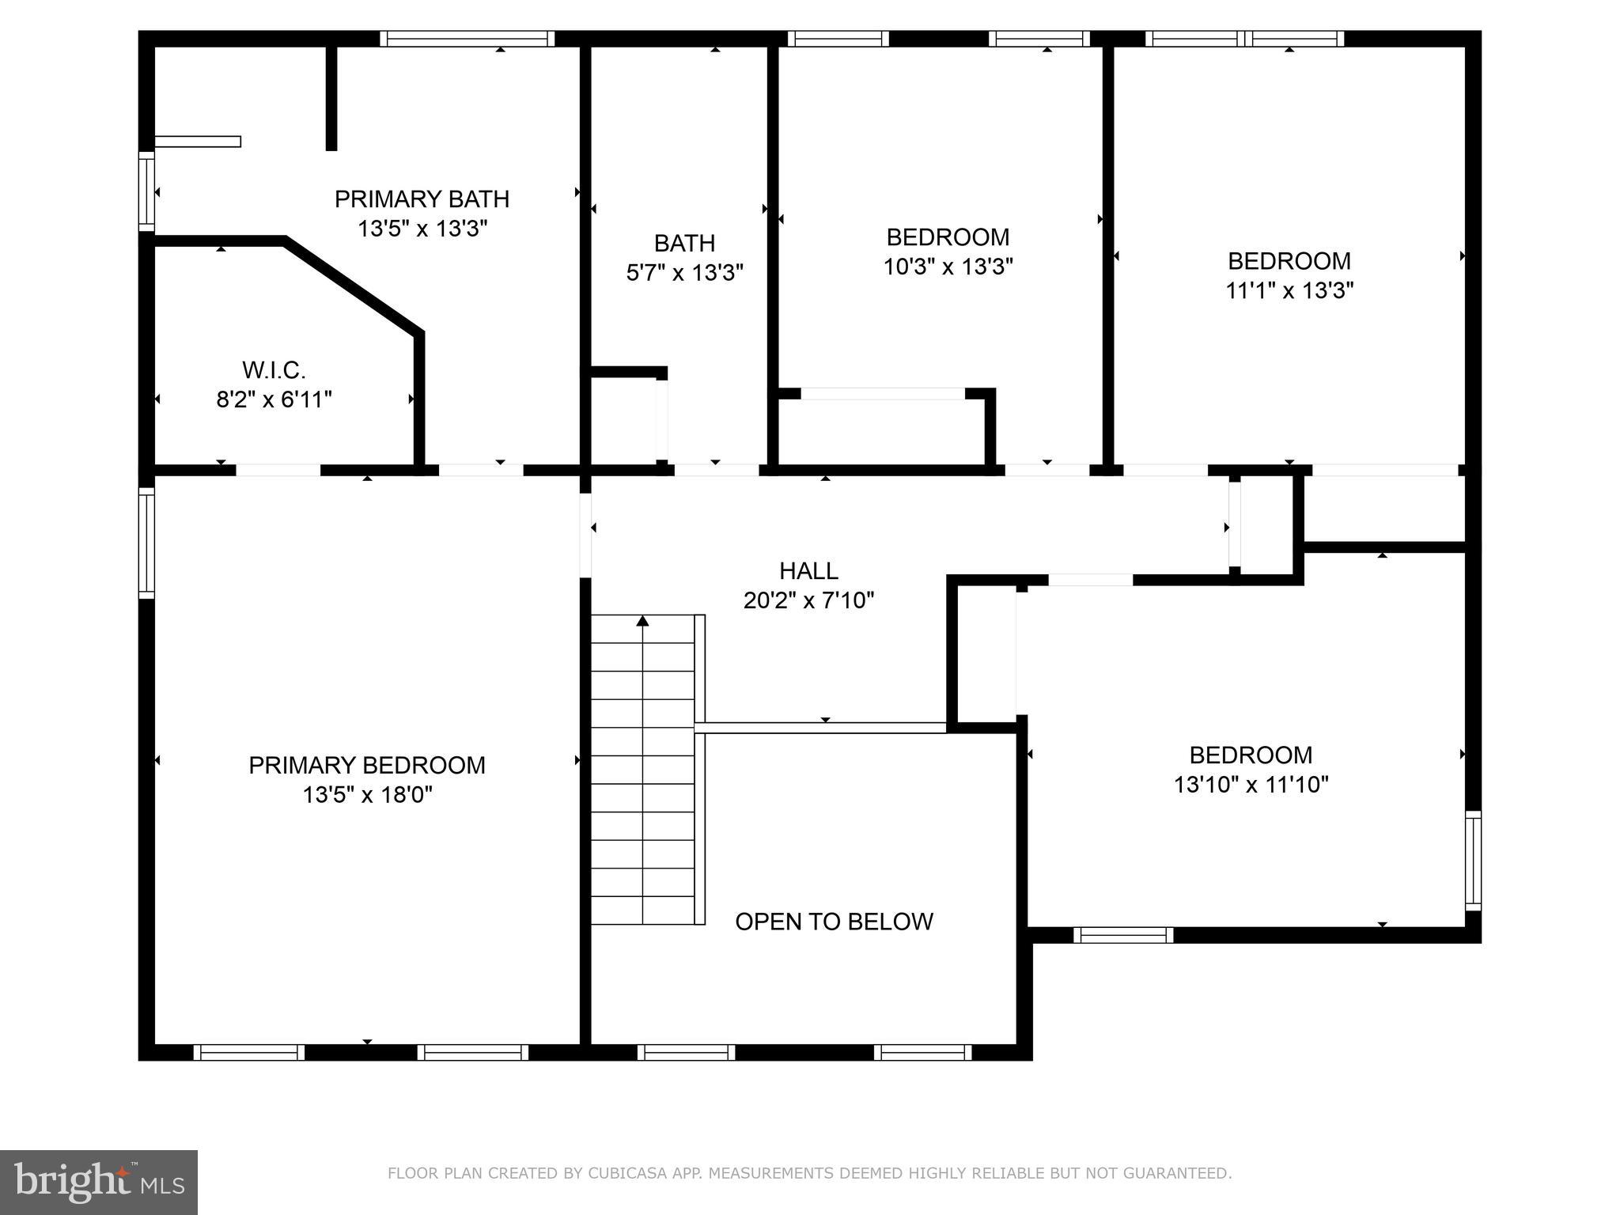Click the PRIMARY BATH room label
pyautogui.click(x=422, y=199)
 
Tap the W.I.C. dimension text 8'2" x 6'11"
pyautogui.click(x=274, y=400)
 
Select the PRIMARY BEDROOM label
pyautogui.click(x=367, y=765)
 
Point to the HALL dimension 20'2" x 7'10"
pyautogui.click(x=808, y=601)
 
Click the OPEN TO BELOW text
pyautogui.click(x=834, y=922)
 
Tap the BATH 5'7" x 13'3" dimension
pyautogui.click(x=684, y=274)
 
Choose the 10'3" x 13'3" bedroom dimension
pyautogui.click(x=948, y=267)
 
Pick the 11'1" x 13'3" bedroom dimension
pyautogui.click(x=1289, y=291)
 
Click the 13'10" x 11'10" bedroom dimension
pyautogui.click(x=1251, y=785)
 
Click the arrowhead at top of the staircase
pyautogui.click(x=642, y=621)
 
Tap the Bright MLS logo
pyautogui.click(x=98, y=1182)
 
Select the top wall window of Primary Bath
pyautogui.click(x=467, y=39)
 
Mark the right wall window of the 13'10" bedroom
pyautogui.click(x=1473, y=860)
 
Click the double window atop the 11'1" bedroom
pyautogui.click(x=1244, y=39)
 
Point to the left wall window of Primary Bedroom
pyautogui.click(x=146, y=542)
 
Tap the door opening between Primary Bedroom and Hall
pyautogui.click(x=585, y=535)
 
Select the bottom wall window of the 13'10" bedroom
pyautogui.click(x=1123, y=935)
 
